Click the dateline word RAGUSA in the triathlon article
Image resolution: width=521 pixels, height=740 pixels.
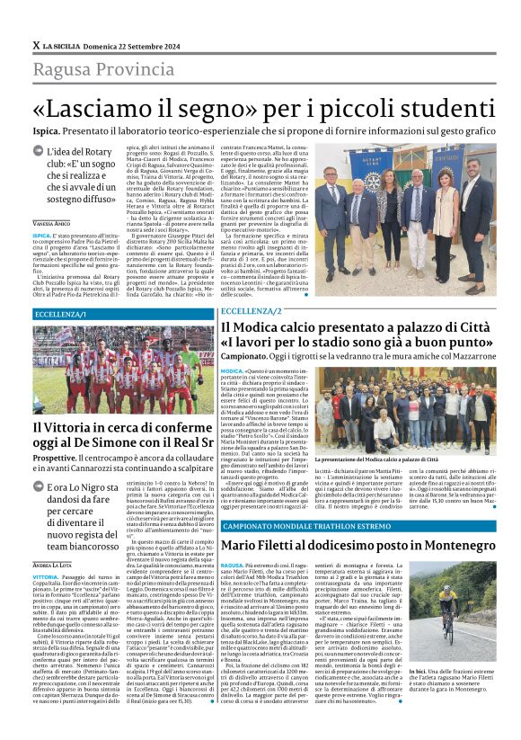coord(232,566)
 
